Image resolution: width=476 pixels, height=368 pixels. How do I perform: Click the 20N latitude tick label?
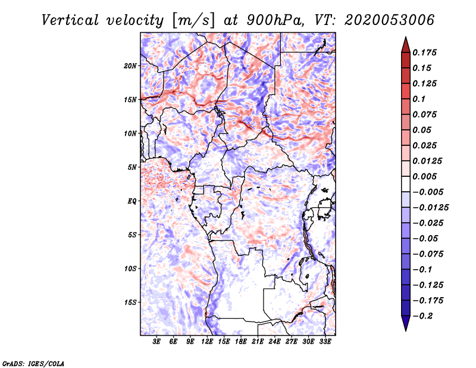[130, 66]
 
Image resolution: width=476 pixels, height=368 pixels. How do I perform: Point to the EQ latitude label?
[132, 201]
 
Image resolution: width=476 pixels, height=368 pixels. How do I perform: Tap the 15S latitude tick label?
[130, 302]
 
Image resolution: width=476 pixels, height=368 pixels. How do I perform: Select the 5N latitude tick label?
[132, 167]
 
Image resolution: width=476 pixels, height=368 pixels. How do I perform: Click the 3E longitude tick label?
[156, 342]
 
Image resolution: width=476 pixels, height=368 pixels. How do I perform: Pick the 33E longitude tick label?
[325, 342]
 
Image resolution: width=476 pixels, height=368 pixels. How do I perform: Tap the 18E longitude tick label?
[241, 342]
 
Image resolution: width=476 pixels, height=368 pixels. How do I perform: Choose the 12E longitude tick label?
[207, 342]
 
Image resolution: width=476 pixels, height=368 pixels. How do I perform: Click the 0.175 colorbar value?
[424, 52]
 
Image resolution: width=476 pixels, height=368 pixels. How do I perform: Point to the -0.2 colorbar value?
[422, 316]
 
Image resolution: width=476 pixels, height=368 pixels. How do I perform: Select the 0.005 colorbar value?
[424, 176]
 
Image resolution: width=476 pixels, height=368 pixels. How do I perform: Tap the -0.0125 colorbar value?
[430, 208]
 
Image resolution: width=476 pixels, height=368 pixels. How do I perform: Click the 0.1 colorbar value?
[419, 99]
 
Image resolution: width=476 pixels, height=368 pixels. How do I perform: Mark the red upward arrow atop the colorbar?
[406, 45]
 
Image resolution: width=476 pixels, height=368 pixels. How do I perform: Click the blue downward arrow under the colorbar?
[406, 323]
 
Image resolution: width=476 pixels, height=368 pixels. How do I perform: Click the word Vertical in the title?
[70, 20]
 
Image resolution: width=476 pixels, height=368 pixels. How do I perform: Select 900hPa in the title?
[275, 20]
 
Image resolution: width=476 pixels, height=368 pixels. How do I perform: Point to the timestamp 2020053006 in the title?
[390, 20]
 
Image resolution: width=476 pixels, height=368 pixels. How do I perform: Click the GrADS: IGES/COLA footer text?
[33, 364]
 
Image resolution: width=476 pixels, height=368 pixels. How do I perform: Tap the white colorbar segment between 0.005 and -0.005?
[406, 184]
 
